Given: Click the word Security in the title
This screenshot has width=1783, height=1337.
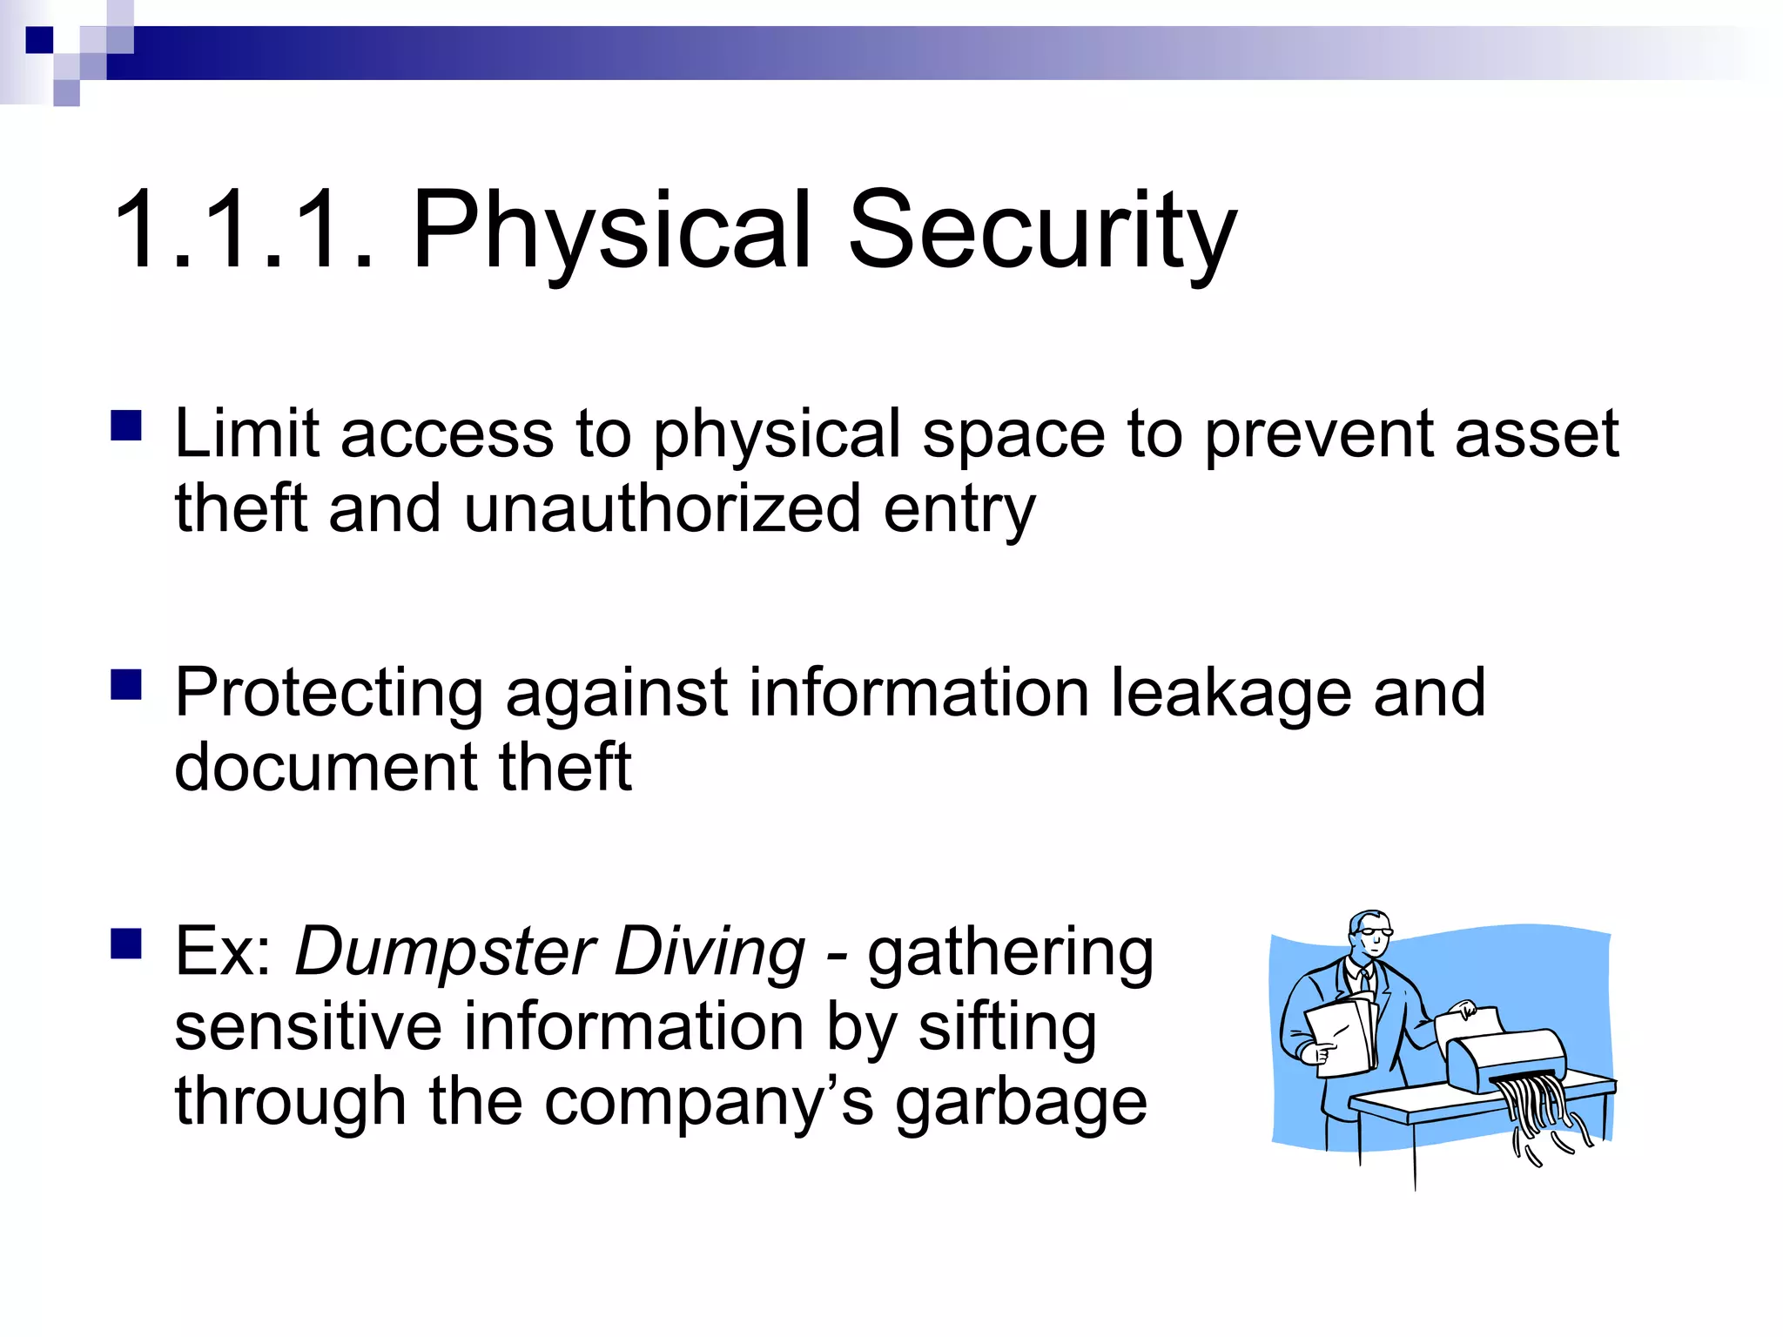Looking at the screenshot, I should (x=1041, y=231).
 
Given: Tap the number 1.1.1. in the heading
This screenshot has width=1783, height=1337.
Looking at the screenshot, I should (x=244, y=231).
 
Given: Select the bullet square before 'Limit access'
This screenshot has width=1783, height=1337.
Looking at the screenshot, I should (x=126, y=426).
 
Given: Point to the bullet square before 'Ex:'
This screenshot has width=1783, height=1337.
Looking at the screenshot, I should (x=126, y=943).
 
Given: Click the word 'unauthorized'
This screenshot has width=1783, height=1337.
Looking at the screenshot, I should (x=662, y=509).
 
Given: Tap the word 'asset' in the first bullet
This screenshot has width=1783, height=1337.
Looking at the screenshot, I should (x=1537, y=433).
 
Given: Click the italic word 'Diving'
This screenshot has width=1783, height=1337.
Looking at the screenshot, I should (x=710, y=951).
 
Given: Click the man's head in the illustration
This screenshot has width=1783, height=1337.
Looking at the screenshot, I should (x=1369, y=936).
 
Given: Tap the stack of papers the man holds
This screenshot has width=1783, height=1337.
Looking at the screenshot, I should (x=1341, y=1036).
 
